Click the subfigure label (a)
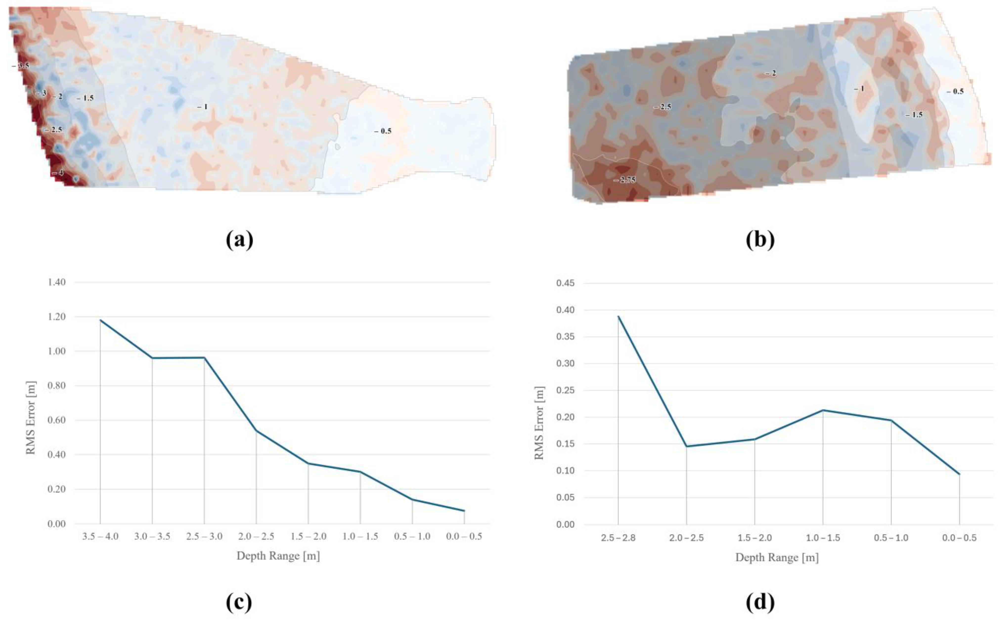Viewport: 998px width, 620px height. click(x=240, y=240)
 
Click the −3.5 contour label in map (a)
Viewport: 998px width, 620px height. click(x=21, y=66)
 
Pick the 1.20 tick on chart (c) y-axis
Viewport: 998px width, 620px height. click(x=57, y=317)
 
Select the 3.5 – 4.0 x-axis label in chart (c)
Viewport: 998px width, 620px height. click(x=100, y=536)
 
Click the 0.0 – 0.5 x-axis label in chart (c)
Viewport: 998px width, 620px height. click(x=464, y=536)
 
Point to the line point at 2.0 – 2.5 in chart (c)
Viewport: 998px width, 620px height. click(x=256, y=430)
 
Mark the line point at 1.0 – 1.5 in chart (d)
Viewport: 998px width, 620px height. click(x=823, y=410)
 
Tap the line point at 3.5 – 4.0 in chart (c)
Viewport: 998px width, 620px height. click(x=100, y=320)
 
